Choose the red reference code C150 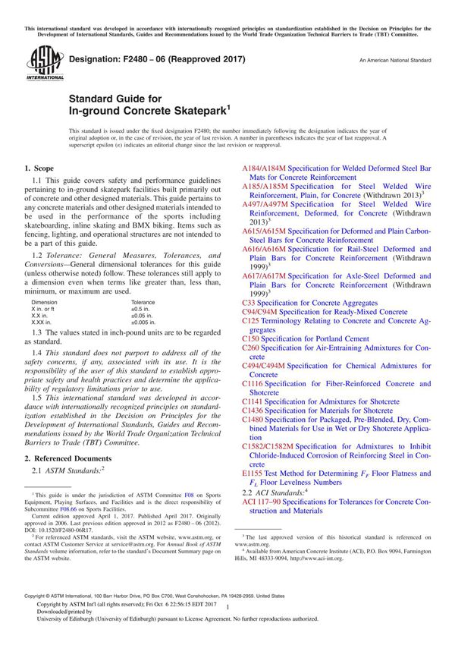click(251, 338)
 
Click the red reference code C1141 click(253, 399)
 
